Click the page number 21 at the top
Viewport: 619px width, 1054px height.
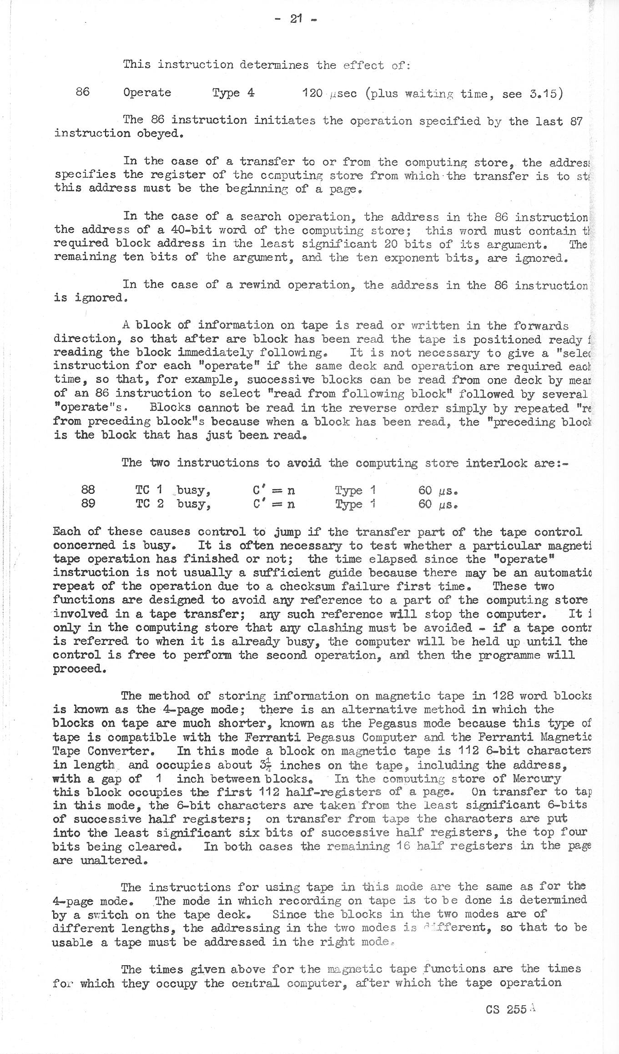point(296,20)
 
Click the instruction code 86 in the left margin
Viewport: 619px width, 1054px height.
point(82,92)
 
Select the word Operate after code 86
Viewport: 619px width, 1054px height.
point(147,92)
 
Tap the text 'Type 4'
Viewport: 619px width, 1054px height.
point(233,93)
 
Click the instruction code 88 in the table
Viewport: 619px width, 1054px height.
point(88,490)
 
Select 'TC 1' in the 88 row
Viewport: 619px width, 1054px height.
point(149,490)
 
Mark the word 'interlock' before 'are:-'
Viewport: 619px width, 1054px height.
point(493,463)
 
